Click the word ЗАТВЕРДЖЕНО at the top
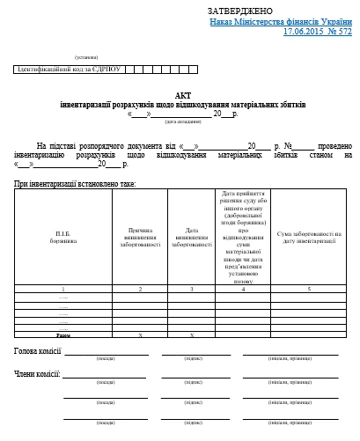(246, 10)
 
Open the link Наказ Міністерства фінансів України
(281, 20)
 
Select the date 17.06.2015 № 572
(317, 31)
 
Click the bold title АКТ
(182, 95)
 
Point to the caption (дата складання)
(182, 121)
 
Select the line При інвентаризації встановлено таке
(75, 183)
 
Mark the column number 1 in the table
(62, 289)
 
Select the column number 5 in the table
(308, 289)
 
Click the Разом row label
(62, 335)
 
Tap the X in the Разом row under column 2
(140, 335)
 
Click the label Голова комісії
(37, 351)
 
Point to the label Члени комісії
(36, 374)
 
